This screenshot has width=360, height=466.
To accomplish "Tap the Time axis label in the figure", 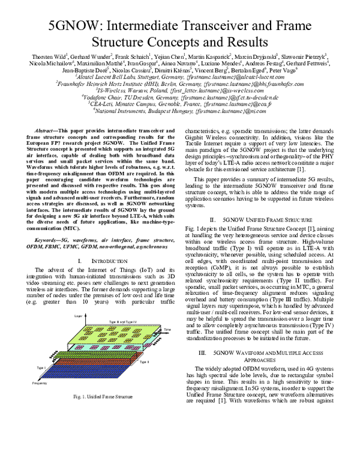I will click(x=167, y=329).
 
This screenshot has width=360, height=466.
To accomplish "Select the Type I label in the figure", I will click(x=41, y=367).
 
